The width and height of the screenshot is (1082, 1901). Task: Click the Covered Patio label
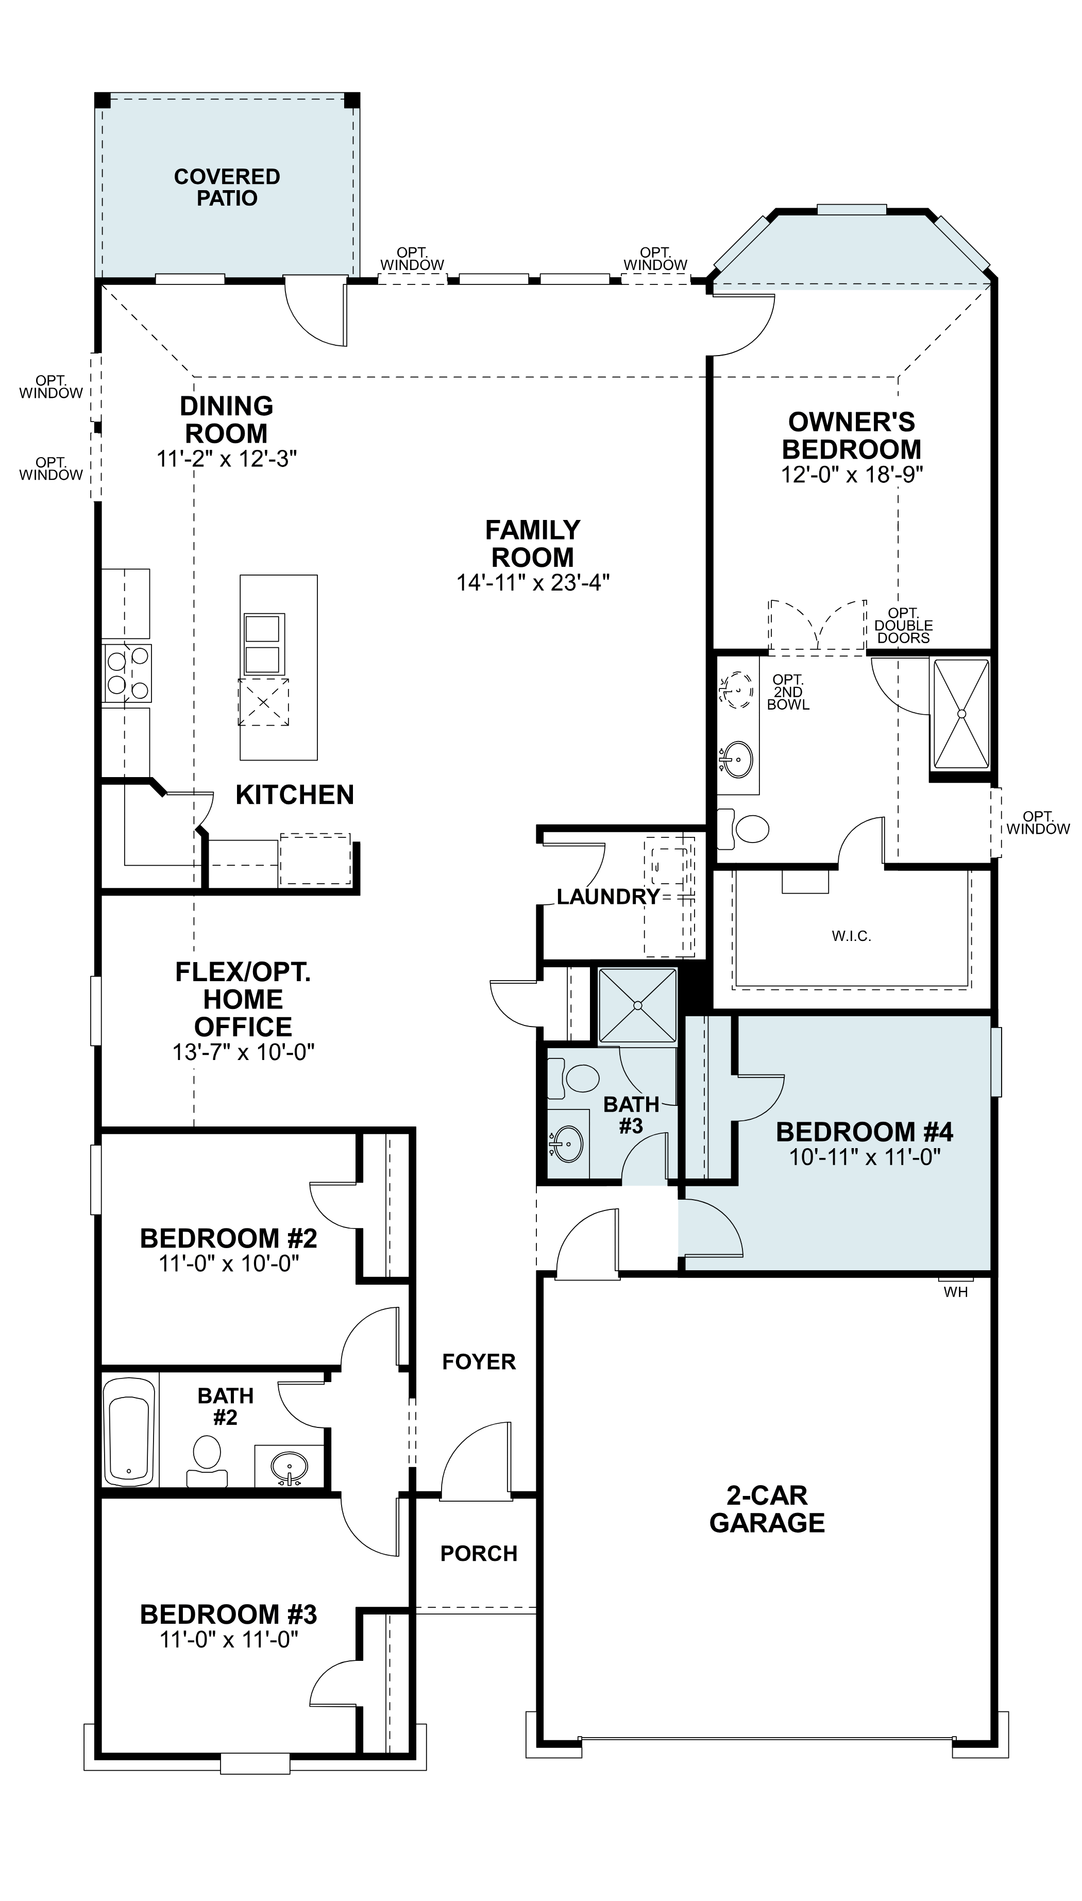pyautogui.click(x=227, y=187)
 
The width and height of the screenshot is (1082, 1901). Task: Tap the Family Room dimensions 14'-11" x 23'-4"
pyautogui.click(x=533, y=582)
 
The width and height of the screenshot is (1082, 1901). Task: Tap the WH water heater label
pyautogui.click(x=956, y=1292)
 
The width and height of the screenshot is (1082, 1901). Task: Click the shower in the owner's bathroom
pyautogui.click(x=961, y=713)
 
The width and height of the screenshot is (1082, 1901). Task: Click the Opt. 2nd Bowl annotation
pyautogui.click(x=788, y=692)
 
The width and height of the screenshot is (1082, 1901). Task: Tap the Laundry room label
pyautogui.click(x=608, y=897)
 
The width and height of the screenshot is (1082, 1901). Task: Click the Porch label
pyautogui.click(x=479, y=1553)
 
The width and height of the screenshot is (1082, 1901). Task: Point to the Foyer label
pyautogui.click(x=479, y=1361)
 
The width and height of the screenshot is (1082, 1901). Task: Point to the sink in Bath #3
pyautogui.click(x=568, y=1143)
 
